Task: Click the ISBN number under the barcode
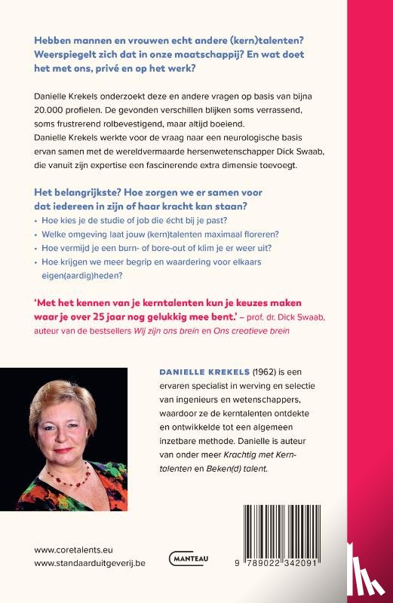(x=290, y=565)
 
